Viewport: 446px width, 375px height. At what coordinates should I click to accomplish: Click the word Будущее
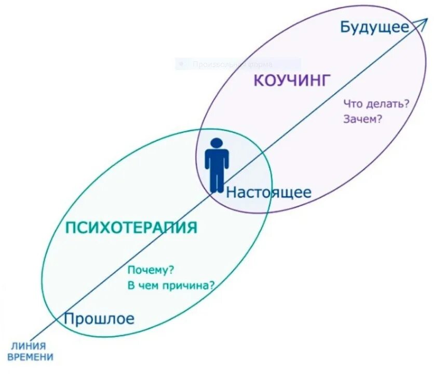tap(374, 27)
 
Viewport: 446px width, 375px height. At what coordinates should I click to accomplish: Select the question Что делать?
tap(376, 104)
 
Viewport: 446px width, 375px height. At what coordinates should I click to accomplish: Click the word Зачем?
tap(363, 119)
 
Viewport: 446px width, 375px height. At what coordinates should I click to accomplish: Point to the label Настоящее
tap(268, 193)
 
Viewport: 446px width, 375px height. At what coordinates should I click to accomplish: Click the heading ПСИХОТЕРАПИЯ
tap(131, 227)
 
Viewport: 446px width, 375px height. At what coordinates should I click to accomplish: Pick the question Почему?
tap(151, 271)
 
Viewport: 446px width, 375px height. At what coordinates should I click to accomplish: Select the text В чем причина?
tap(171, 285)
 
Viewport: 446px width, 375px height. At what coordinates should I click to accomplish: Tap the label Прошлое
tap(99, 318)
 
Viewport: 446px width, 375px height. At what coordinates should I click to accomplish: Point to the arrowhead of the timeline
tap(424, 21)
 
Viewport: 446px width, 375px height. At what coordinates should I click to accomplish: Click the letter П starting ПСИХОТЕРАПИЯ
tap(71, 227)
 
